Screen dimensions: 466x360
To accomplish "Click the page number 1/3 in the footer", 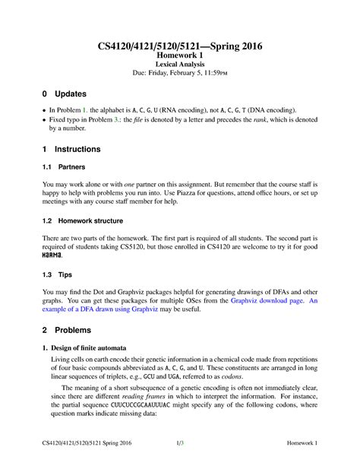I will pyautogui.click(x=180, y=443).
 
